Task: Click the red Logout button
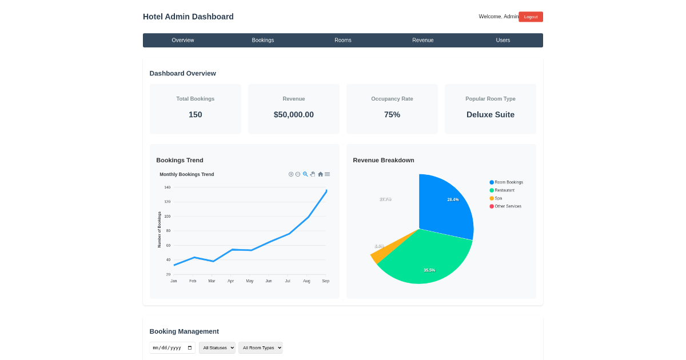click(531, 17)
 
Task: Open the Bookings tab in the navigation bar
click(263, 40)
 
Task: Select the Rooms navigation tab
click(343, 40)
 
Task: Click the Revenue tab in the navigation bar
click(423, 40)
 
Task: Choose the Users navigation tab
click(503, 40)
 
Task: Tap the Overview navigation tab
click(183, 40)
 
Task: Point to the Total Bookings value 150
click(196, 114)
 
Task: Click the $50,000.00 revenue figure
click(294, 114)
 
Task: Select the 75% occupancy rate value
click(392, 114)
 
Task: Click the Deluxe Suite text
click(490, 114)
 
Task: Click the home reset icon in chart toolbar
click(320, 174)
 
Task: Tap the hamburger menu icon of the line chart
click(328, 174)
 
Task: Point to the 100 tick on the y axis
click(167, 216)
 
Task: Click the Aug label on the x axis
click(306, 281)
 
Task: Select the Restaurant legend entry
click(504, 190)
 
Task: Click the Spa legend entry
click(498, 198)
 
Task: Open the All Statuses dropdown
click(217, 347)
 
